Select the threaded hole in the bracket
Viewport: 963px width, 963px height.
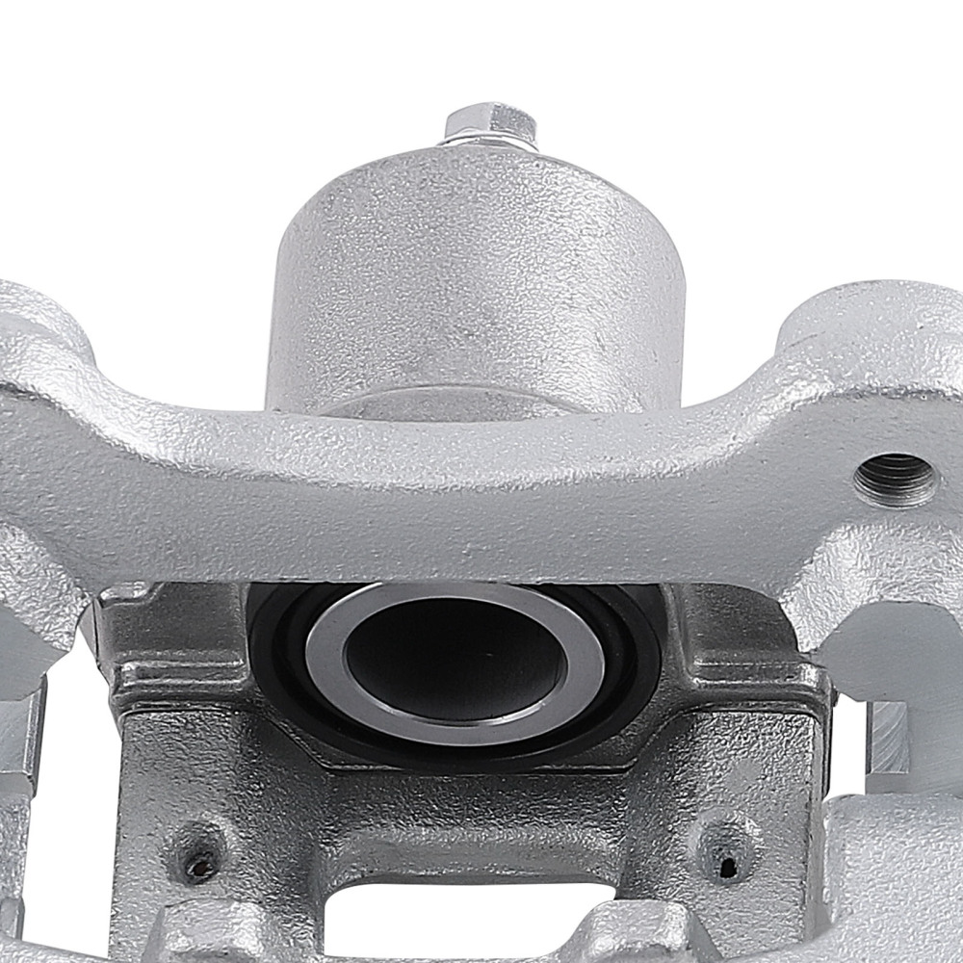896,478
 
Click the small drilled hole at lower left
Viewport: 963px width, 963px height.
199,864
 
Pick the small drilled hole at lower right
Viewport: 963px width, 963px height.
728,866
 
